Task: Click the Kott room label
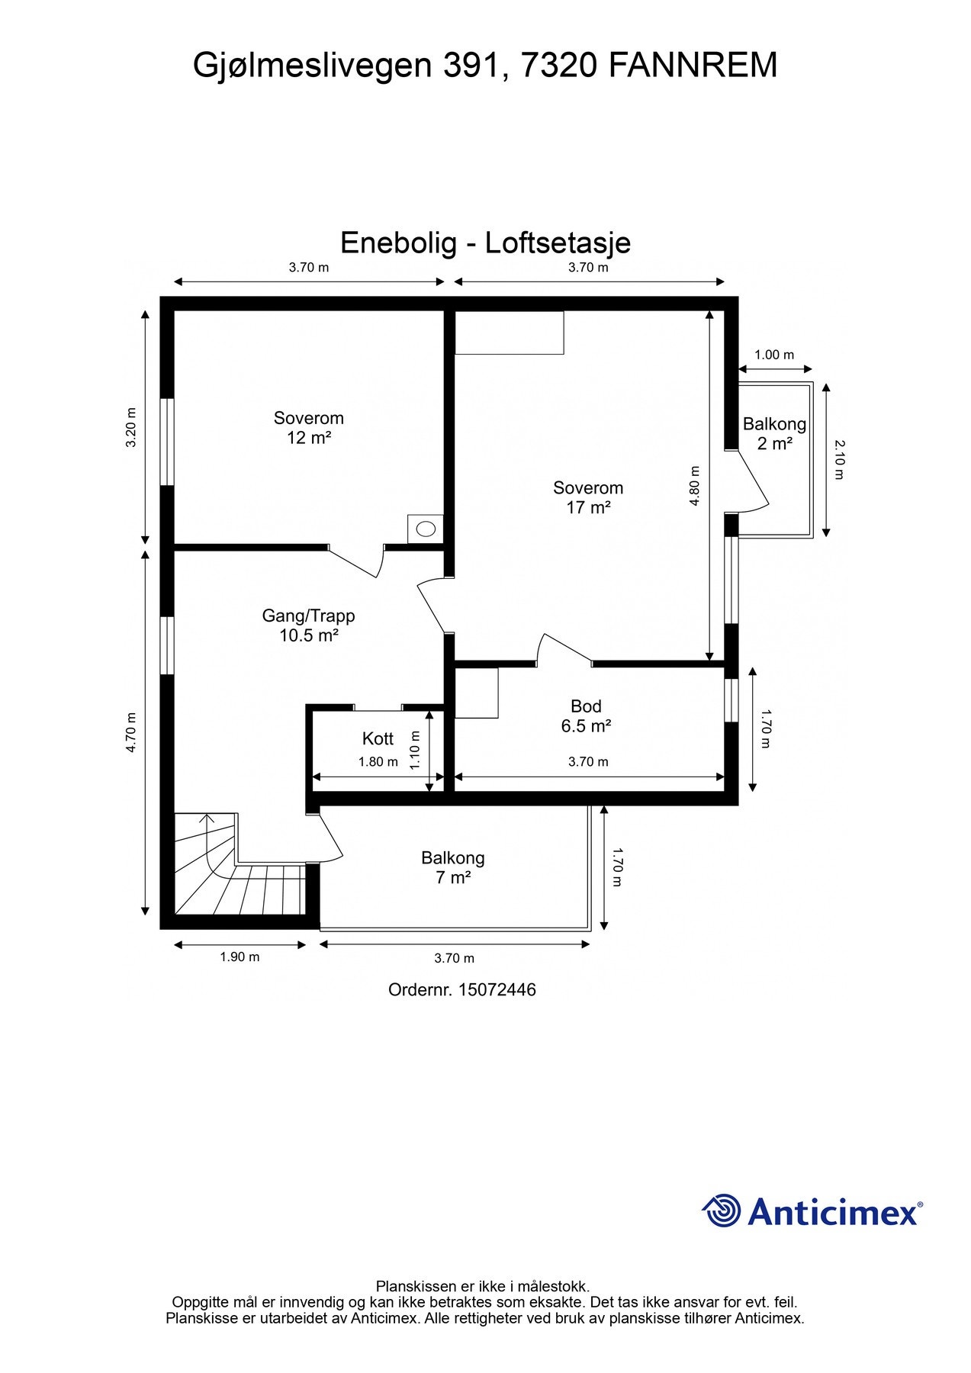[378, 738]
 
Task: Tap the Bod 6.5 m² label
[586, 716]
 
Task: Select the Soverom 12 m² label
[309, 428]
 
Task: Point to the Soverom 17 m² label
[588, 497]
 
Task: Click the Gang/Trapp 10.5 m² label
[309, 625]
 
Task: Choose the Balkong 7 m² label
[452, 867]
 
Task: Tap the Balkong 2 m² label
[774, 433]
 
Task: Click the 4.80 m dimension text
[694, 486]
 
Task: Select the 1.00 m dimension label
[774, 355]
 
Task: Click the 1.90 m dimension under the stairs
[240, 957]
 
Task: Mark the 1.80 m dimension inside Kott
[378, 762]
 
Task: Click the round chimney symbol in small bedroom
[426, 528]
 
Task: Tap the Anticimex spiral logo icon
[722, 1211]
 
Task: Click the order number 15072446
[497, 990]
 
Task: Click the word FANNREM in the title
[693, 66]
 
